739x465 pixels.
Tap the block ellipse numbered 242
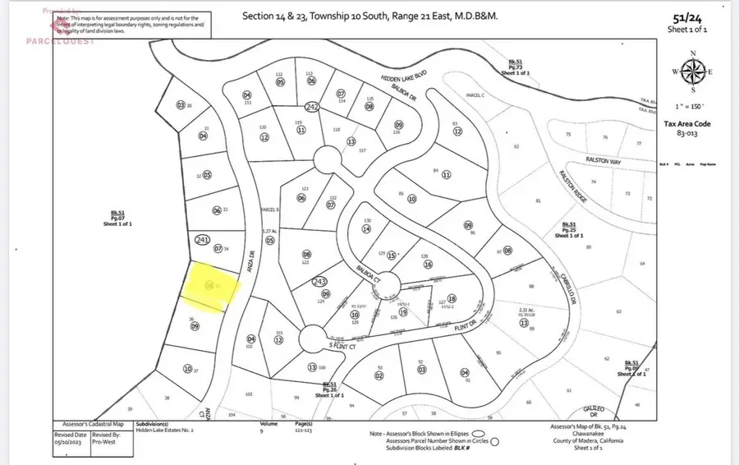311,107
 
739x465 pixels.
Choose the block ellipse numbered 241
203,240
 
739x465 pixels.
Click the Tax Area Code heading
687,124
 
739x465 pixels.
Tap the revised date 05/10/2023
71,442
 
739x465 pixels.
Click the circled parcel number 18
451,299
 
